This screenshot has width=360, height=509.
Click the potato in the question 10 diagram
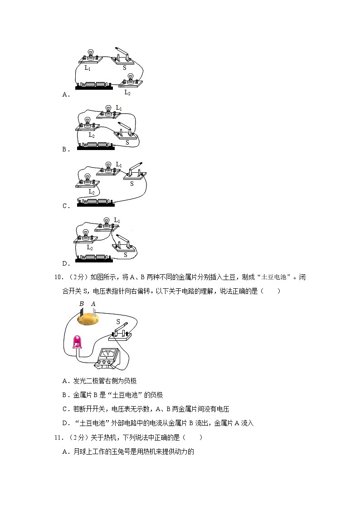click(88, 318)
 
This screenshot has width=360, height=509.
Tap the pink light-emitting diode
click(78, 341)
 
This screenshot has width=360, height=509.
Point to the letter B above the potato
click(81, 304)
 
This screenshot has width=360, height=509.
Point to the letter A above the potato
click(93, 304)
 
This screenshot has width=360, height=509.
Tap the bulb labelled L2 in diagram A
click(131, 79)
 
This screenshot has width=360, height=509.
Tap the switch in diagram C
click(135, 173)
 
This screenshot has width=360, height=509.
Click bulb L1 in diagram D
click(107, 223)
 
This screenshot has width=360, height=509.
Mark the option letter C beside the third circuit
click(65, 206)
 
